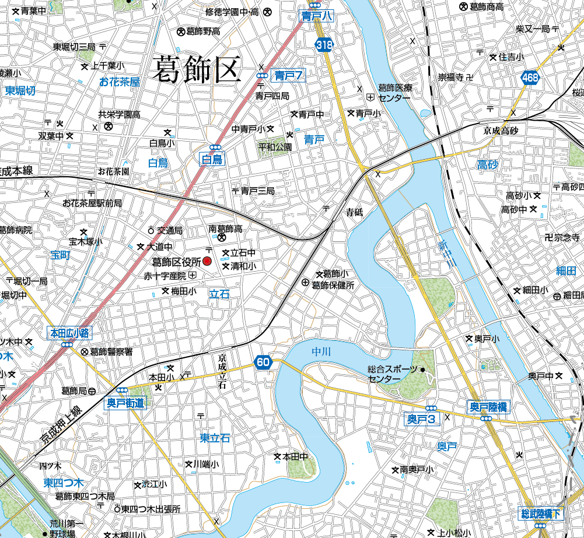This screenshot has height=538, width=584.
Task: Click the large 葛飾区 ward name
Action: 196,71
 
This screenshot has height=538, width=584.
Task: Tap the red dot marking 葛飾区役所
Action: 207,261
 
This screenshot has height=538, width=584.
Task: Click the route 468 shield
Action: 530,77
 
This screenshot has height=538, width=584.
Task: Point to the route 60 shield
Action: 263,363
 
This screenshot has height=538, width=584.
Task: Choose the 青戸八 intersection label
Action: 317,16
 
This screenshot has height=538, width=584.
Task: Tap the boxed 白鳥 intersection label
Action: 212,161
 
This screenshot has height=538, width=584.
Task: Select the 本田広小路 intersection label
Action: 69,333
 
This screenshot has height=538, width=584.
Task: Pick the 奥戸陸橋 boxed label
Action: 488,406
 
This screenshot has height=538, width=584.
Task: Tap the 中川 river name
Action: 321,351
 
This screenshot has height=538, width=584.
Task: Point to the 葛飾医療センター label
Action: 394,93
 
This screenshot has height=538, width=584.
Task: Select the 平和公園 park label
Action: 275,147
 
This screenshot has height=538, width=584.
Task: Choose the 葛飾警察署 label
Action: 111,351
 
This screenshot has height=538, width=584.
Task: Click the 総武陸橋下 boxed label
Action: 541,514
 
